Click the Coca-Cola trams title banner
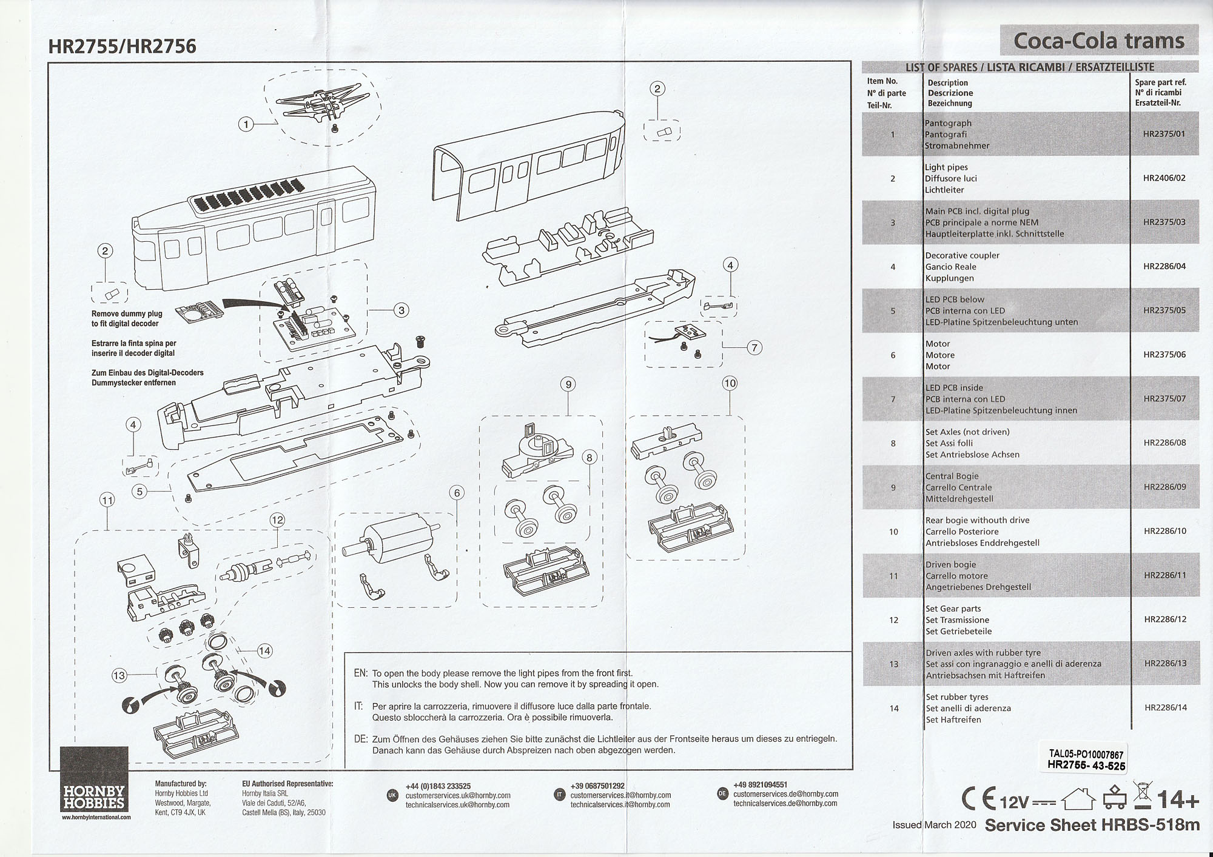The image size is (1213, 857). pos(1098,41)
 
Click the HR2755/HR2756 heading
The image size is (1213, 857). pos(122,47)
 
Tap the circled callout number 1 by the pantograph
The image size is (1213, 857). pos(246,124)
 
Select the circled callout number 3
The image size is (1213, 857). pos(401,310)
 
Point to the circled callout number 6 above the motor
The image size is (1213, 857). pos(457,493)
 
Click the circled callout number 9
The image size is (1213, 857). pos(568,384)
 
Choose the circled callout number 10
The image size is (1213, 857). pos(730,383)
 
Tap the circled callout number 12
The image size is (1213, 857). pos(277,520)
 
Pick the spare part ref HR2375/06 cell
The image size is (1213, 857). pos(1164,355)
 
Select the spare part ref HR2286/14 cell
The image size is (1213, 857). pos(1164,707)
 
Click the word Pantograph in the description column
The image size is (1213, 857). pos(948,123)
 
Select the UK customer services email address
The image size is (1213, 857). pos(458,795)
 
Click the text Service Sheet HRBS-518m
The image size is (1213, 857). pos(1092,825)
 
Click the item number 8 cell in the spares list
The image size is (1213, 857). pos(893,443)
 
